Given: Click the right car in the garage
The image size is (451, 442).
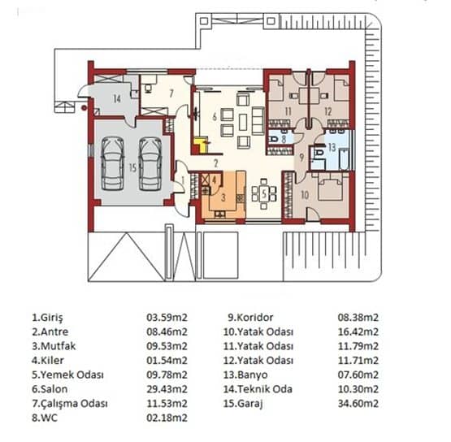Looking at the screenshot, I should pyautogui.click(x=150, y=162).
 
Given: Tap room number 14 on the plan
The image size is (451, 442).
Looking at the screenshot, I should pyautogui.click(x=116, y=98).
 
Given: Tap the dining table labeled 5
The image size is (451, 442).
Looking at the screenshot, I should pyautogui.click(x=266, y=193).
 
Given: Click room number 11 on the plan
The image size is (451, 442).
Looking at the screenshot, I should pyautogui.click(x=287, y=110).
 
